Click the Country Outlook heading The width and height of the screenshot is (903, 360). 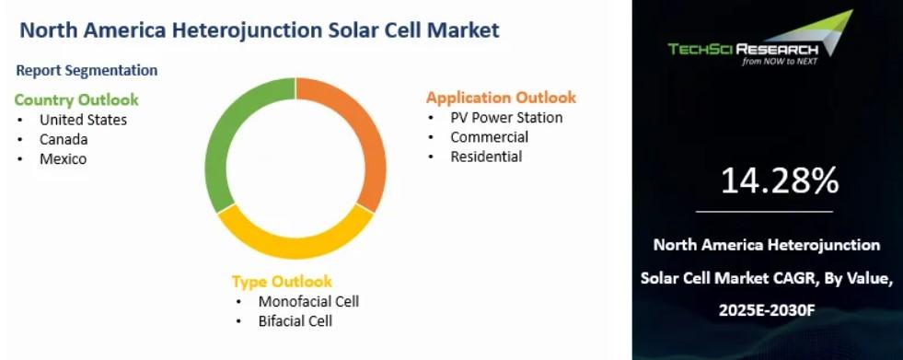(x=76, y=99)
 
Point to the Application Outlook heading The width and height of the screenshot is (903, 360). (x=501, y=98)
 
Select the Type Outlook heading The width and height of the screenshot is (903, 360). (x=283, y=281)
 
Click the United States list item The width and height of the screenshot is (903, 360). (x=83, y=120)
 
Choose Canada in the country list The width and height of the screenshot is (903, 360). (x=64, y=139)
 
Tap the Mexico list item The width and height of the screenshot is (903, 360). (x=63, y=159)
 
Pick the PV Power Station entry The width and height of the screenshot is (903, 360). (x=506, y=118)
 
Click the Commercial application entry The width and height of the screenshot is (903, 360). (x=490, y=137)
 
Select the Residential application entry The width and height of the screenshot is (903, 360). (x=486, y=157)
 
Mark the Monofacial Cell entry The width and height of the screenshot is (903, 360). (x=308, y=301)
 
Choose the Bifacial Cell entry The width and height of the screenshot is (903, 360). (x=295, y=320)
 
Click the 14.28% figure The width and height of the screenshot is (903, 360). (x=780, y=180)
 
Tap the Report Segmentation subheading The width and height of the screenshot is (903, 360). (x=87, y=70)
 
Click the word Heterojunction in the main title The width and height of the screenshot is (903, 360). (x=226, y=30)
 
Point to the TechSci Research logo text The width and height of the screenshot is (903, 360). (x=743, y=49)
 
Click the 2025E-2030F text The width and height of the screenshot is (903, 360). (x=767, y=311)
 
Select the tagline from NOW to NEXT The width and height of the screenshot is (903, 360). (x=780, y=62)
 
